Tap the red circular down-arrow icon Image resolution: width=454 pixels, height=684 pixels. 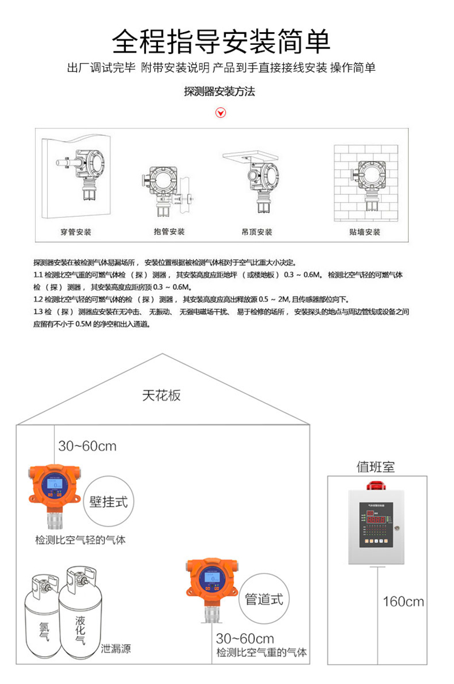click(222, 113)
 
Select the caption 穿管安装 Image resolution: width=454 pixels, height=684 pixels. click(76, 232)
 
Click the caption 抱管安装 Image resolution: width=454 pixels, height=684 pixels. click(169, 232)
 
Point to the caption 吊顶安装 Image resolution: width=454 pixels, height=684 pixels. click(257, 232)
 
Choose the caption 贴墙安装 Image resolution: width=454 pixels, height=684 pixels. click(364, 232)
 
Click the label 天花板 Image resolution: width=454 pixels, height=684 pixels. click(162, 396)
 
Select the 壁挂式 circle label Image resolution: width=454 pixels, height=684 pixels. click(109, 502)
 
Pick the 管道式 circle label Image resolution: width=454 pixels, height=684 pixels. click(263, 599)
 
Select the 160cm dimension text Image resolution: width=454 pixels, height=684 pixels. click(404, 602)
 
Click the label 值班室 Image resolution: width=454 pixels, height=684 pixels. click(375, 467)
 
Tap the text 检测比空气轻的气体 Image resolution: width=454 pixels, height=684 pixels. click(81, 539)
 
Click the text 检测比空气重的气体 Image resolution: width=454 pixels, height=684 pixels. click(262, 653)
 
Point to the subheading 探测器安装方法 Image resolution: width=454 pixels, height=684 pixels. click(220, 92)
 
